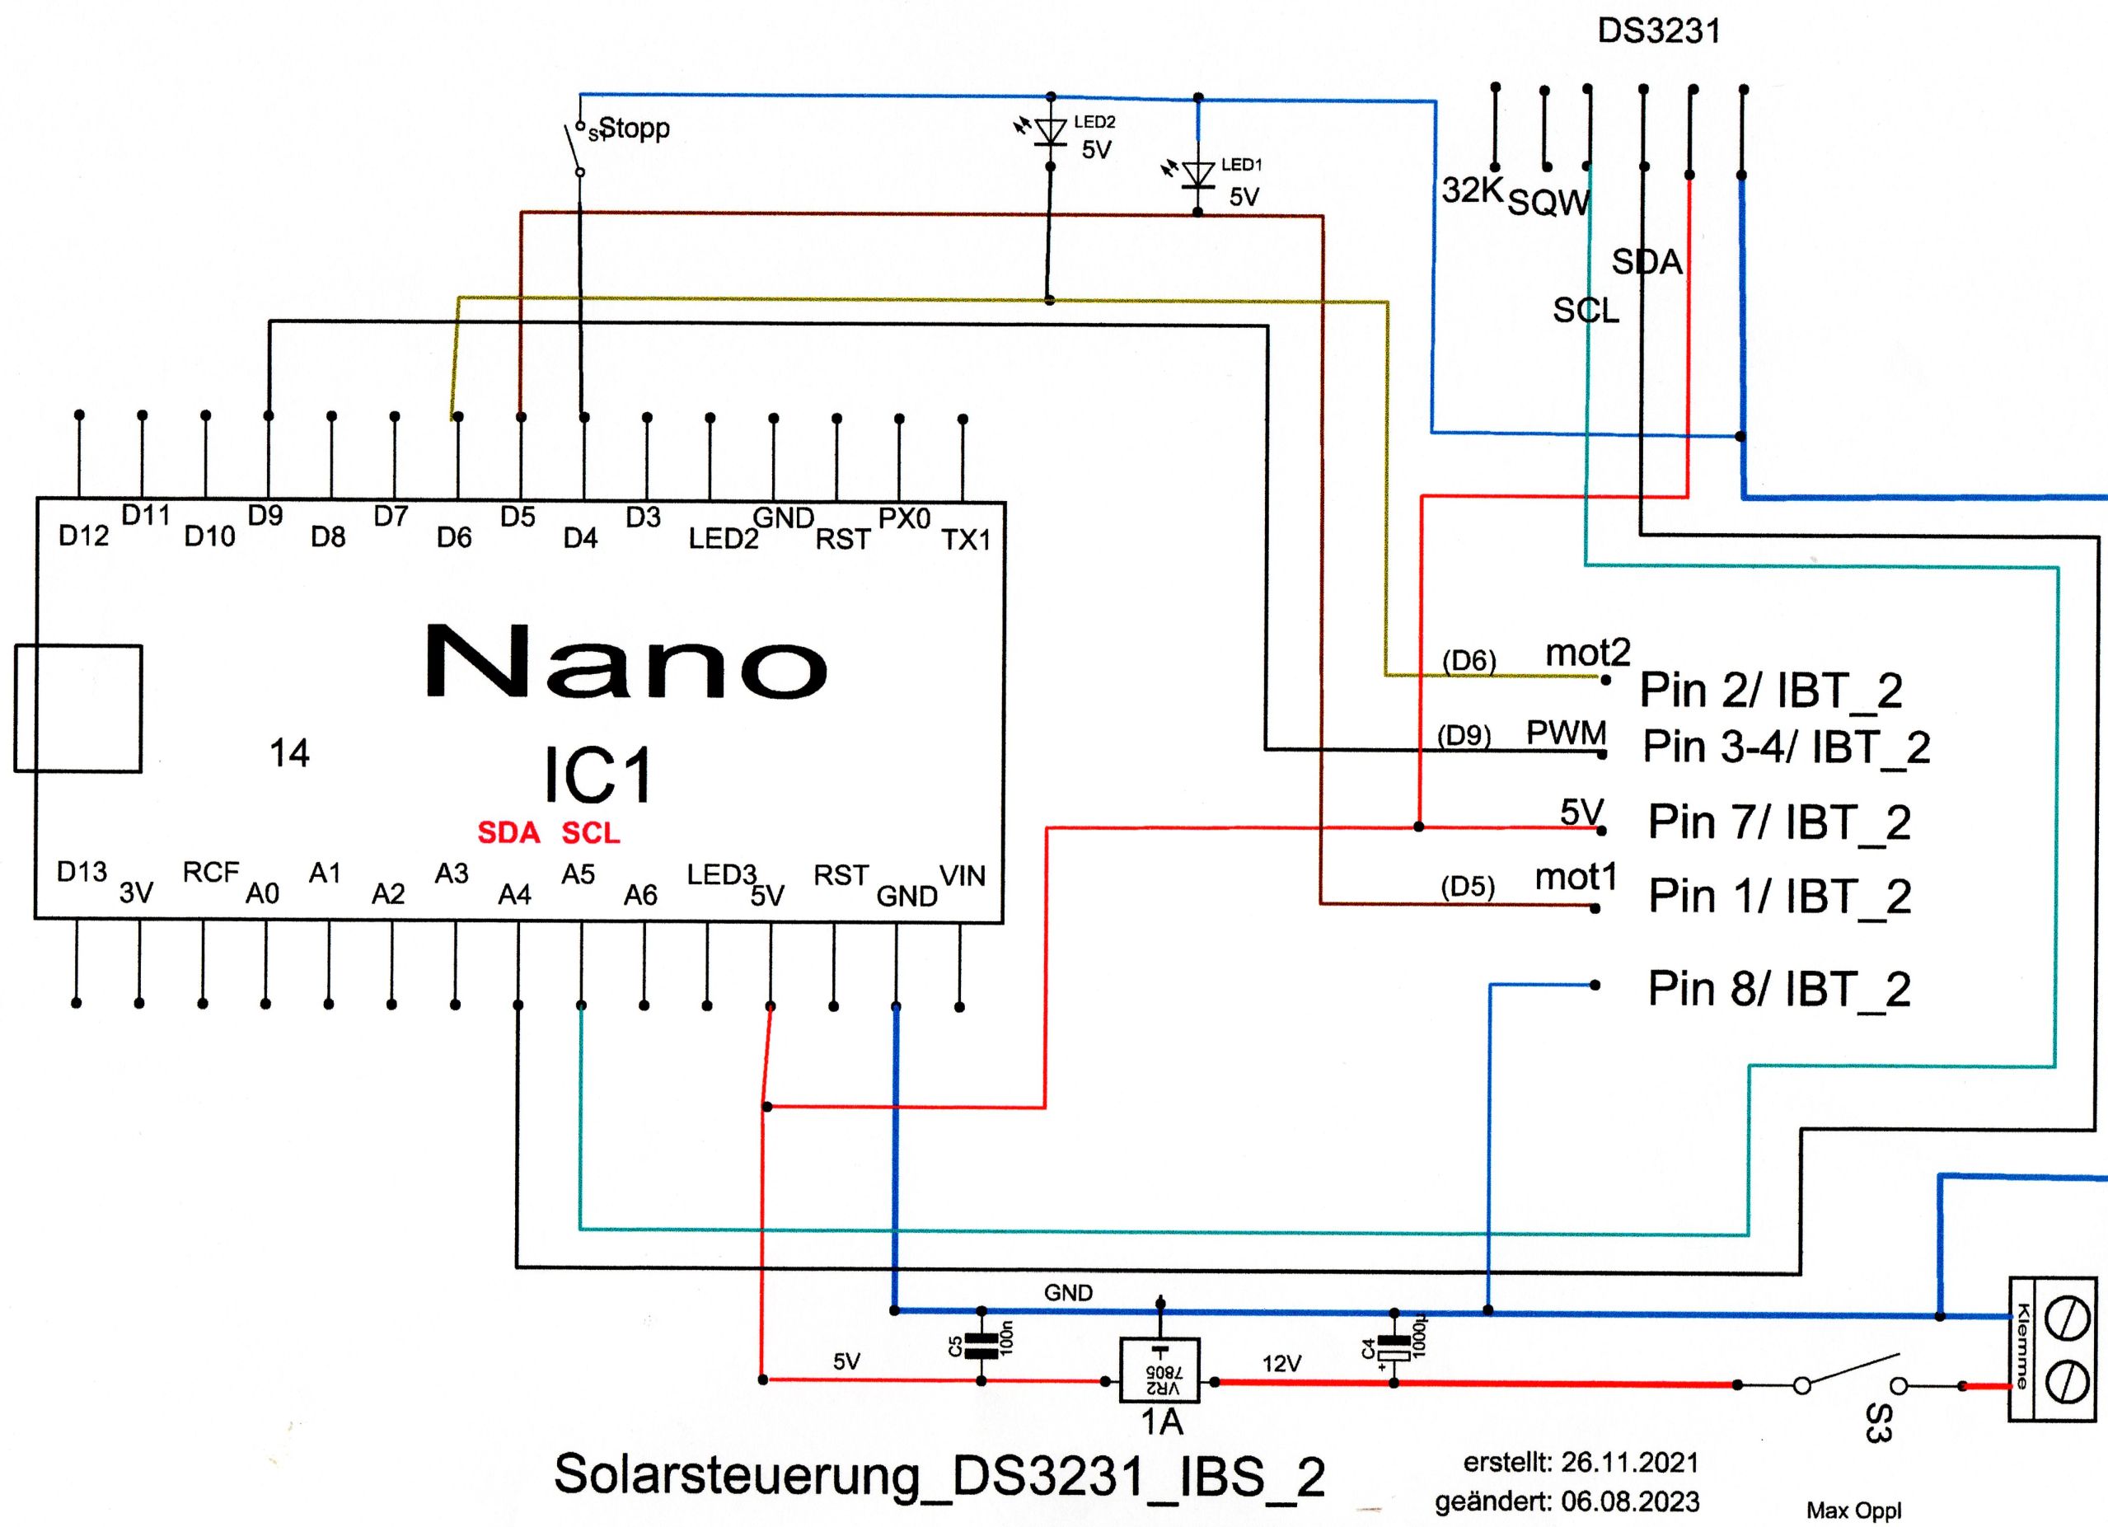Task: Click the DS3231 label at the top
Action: coord(1658,31)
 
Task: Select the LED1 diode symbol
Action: coord(1198,175)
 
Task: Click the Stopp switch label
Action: coord(634,128)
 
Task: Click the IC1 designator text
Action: coord(597,774)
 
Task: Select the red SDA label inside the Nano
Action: coord(508,833)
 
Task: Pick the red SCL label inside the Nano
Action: coord(590,833)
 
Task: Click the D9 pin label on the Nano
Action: coord(265,516)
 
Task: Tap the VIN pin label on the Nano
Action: coord(962,875)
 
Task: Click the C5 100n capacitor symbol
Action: coord(981,1345)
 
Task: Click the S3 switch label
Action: coord(1878,1423)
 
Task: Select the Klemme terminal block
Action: coord(2052,1347)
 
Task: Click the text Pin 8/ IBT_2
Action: coord(1779,989)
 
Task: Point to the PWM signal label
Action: coord(1566,733)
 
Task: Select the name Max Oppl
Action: coord(1853,1511)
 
